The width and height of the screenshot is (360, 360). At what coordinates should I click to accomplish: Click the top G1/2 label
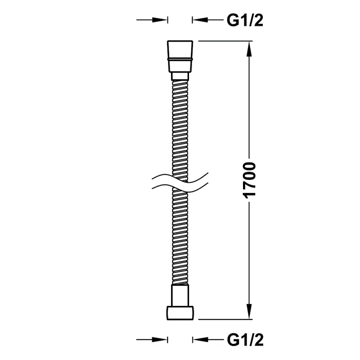tap(245, 20)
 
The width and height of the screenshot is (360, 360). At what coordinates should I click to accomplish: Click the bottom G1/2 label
tap(245, 340)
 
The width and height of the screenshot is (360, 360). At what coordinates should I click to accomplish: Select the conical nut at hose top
tap(180, 57)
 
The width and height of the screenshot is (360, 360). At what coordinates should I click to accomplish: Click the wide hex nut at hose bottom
tap(180, 313)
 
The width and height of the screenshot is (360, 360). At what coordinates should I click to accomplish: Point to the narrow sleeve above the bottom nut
tap(180, 296)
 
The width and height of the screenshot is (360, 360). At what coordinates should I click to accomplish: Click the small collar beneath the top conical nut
tap(180, 76)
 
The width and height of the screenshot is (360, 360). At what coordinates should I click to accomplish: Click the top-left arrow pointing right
tap(152, 20)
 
